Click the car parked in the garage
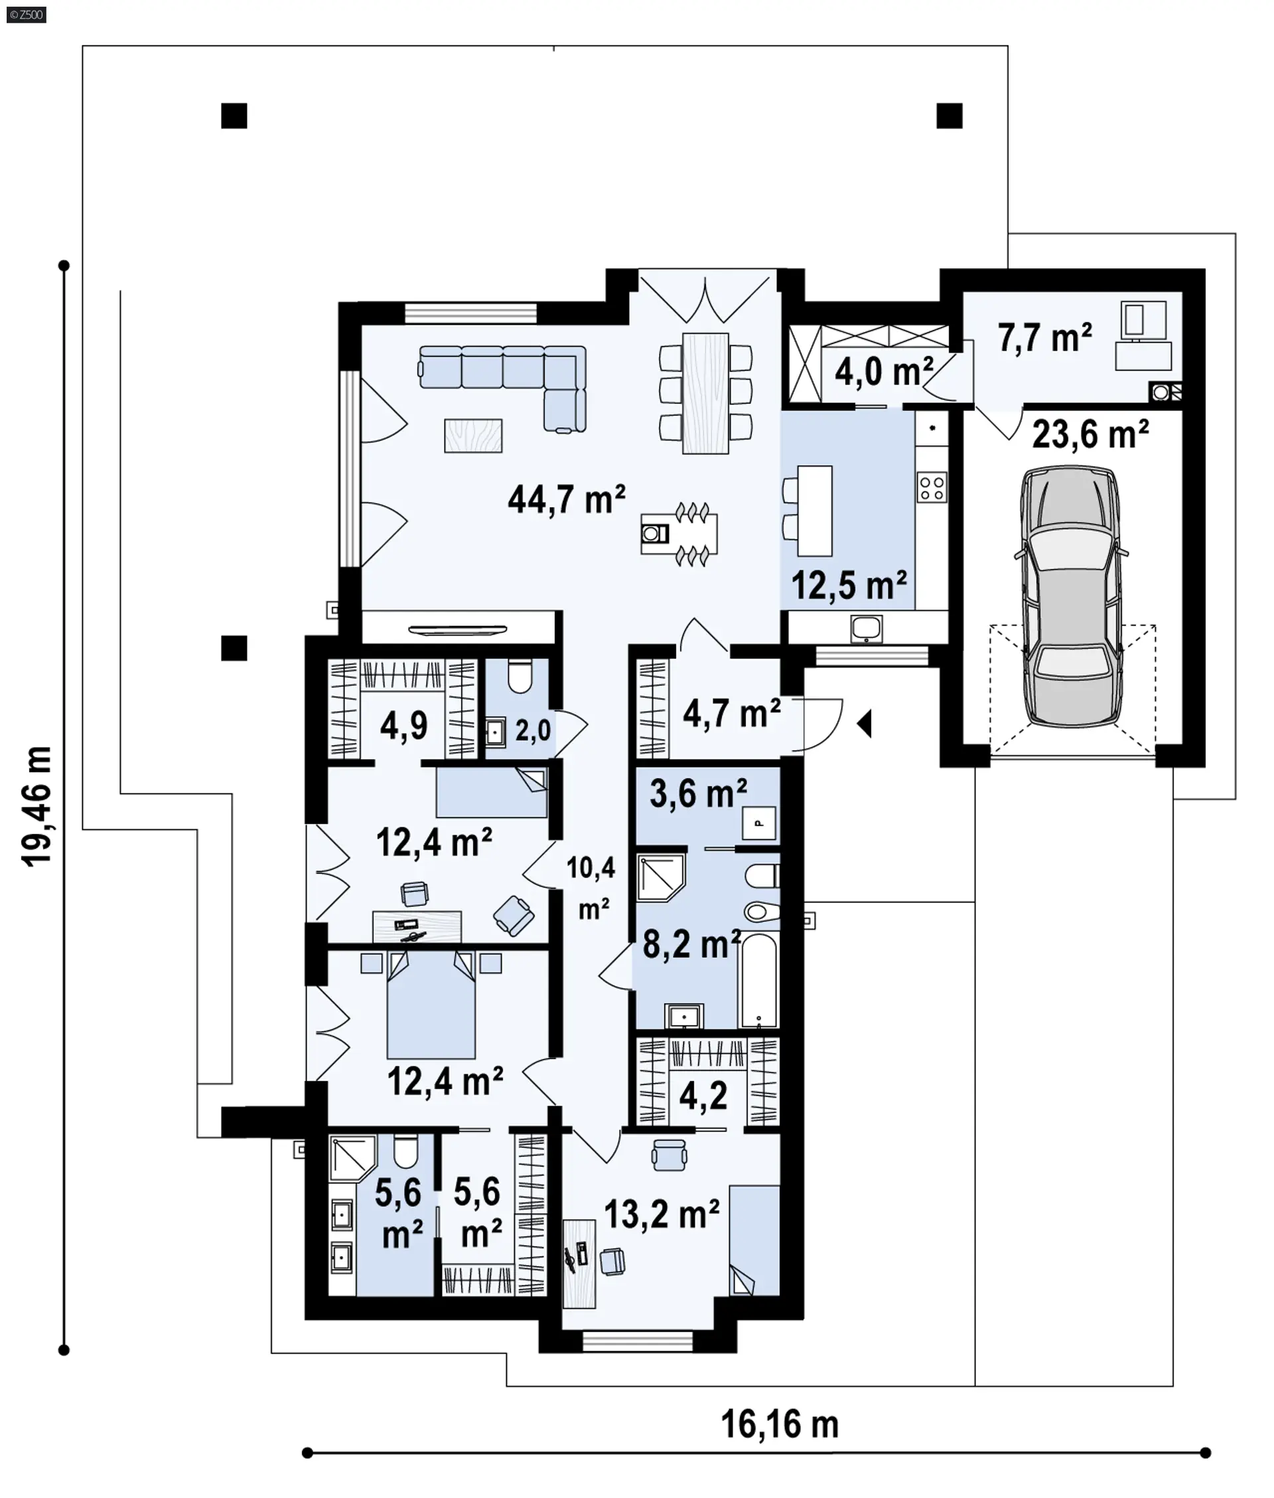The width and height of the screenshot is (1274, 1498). coord(1072,597)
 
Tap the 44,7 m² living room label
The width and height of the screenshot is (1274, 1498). coord(566,499)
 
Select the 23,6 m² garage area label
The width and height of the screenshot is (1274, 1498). coord(1091,434)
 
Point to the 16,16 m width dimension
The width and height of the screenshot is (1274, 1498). coord(780,1424)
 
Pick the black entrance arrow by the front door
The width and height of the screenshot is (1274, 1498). coord(865,723)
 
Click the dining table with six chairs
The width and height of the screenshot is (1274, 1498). coord(705,393)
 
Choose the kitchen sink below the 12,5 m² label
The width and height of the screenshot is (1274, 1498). coord(866,629)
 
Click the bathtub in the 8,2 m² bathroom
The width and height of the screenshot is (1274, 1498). coord(758,980)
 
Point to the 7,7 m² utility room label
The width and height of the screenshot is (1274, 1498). coord(1044,337)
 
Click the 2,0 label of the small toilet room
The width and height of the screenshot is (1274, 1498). coord(533,730)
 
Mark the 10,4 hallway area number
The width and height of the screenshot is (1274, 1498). coord(591,868)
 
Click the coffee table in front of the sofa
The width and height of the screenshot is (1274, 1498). coord(473,436)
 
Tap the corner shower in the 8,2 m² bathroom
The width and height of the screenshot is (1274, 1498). coord(661,877)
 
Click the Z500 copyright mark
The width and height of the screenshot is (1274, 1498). coord(26,15)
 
